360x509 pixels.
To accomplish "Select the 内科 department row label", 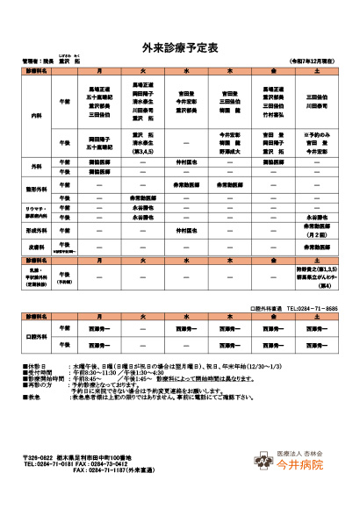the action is click(36, 116).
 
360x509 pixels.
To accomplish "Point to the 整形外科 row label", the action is click(36, 191).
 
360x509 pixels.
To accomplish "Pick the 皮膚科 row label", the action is click(36, 247).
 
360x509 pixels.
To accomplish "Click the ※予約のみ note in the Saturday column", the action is click(315, 133).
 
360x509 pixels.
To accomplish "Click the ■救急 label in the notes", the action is click(31, 397).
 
